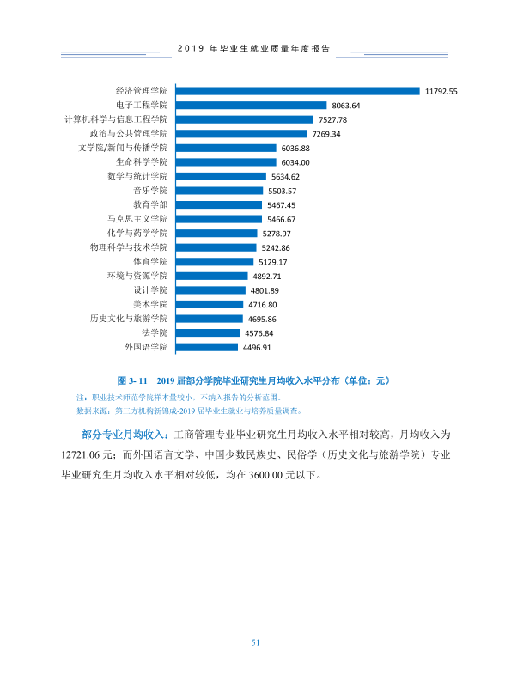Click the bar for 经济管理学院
[297, 91]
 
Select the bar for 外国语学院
[207, 347]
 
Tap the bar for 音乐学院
[219, 191]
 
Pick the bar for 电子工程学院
[251, 106]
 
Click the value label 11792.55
[441, 92]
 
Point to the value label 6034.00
[295, 162]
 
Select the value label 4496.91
[257, 348]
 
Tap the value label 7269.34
[326, 134]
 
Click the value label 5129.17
[273, 262]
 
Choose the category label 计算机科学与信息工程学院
[116, 119]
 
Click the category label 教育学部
[150, 204]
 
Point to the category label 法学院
[155, 333]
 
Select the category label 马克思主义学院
[137, 219]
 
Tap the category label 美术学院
[150, 304]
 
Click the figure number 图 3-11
[132, 380]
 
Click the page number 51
[255, 642]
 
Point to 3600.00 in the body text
[265, 475]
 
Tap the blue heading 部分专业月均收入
[125, 435]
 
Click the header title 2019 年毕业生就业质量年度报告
[254, 49]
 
